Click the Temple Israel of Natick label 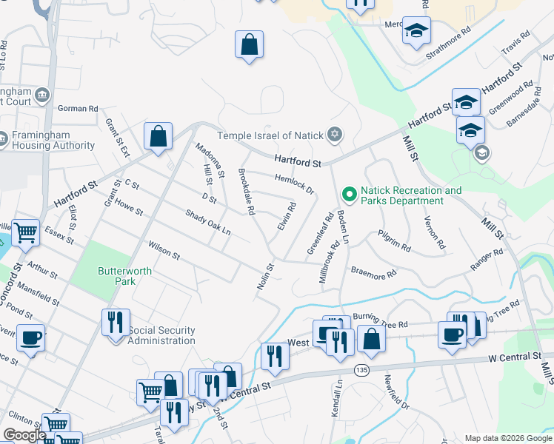click(x=270, y=135)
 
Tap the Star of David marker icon click(x=335, y=134)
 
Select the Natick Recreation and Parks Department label click(x=411, y=195)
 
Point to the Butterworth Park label click(x=125, y=276)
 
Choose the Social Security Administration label click(x=161, y=335)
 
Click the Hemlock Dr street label click(x=295, y=184)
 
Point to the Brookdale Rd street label click(x=247, y=191)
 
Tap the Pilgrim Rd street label click(x=394, y=241)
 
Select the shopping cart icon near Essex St click(x=26, y=233)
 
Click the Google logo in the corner click(x=24, y=435)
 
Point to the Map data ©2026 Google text click(x=508, y=438)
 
